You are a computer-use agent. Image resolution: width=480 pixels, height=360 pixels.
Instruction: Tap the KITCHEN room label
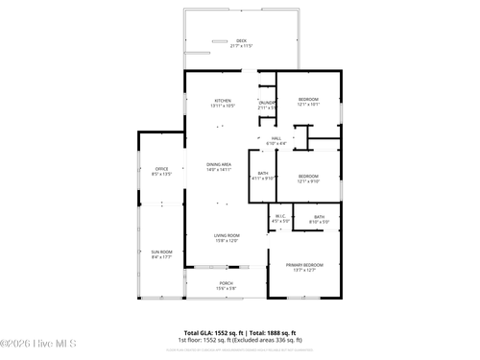(223, 100)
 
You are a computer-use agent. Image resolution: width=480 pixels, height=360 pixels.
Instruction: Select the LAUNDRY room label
(266, 103)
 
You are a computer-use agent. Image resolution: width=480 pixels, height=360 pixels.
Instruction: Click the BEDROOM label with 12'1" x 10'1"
(308, 100)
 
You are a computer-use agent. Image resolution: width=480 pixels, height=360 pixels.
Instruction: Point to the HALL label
(276, 138)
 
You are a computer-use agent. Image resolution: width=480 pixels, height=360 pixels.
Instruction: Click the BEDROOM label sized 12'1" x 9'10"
(308, 176)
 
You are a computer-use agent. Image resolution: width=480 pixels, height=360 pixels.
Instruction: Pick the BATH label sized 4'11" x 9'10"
(262, 173)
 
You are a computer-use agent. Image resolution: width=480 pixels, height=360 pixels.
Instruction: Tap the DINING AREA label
(219, 164)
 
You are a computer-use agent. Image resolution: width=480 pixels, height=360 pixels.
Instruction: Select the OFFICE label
(161, 169)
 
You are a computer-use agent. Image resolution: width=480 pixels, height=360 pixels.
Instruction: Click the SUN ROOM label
(161, 252)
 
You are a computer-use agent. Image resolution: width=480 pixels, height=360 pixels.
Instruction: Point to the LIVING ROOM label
(227, 235)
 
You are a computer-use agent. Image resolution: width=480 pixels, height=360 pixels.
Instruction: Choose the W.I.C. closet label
(280, 216)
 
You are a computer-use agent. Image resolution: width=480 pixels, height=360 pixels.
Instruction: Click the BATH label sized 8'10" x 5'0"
(320, 217)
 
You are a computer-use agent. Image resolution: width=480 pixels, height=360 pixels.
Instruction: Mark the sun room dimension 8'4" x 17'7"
(161, 257)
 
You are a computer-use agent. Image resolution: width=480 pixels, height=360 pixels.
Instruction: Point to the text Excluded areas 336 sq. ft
(271, 340)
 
